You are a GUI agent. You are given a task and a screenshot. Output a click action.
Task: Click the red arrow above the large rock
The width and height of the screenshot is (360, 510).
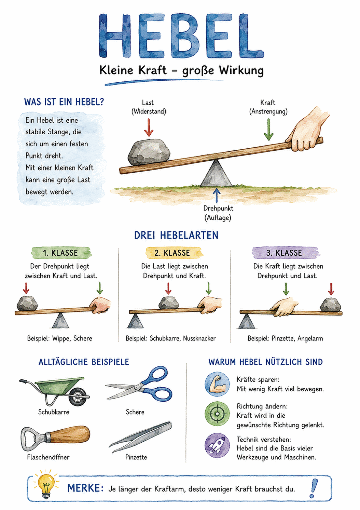[x=149, y=127]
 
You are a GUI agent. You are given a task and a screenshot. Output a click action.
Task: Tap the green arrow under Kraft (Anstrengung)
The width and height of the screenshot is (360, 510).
[x=268, y=129]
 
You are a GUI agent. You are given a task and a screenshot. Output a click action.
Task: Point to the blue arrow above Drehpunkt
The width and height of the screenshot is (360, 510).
[x=217, y=195]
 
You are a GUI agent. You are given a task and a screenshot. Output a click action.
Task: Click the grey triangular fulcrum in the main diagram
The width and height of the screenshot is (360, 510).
[x=216, y=174]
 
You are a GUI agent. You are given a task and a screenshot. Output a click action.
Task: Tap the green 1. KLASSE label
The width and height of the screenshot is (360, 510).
[x=61, y=253]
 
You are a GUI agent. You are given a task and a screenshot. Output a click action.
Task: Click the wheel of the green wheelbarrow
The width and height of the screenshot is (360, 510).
[x=78, y=397]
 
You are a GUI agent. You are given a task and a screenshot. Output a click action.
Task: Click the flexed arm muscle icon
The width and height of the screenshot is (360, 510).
[x=217, y=385]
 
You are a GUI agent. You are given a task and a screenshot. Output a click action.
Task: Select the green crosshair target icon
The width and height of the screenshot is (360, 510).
[x=217, y=414]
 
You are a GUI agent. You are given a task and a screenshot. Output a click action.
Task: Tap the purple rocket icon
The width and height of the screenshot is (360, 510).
[x=217, y=445]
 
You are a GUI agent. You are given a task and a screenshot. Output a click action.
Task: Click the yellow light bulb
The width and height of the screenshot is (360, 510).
[x=46, y=486]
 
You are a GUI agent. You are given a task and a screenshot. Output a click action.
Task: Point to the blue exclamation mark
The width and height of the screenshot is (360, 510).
[x=314, y=488]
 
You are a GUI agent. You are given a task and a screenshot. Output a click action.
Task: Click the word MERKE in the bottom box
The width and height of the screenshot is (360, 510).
[x=85, y=488]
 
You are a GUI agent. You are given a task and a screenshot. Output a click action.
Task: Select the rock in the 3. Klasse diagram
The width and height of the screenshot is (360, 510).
[x=330, y=304]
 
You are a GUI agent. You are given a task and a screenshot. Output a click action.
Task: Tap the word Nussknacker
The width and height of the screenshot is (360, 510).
[x=199, y=338]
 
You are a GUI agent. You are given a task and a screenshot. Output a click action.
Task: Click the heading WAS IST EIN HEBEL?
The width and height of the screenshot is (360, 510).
[x=64, y=102]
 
